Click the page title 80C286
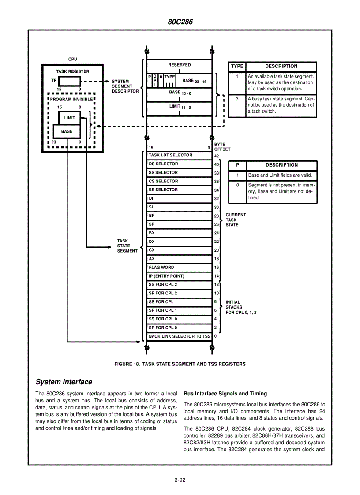(x=180, y=22)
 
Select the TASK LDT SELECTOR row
(x=180, y=155)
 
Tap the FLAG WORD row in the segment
(x=180, y=268)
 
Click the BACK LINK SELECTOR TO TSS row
(x=180, y=336)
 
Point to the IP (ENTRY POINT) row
(x=180, y=276)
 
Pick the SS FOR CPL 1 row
(x=180, y=302)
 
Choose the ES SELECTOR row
(x=180, y=190)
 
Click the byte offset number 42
(x=217, y=156)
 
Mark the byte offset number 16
(x=217, y=268)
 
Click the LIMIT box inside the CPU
(x=69, y=118)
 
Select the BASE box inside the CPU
(x=67, y=131)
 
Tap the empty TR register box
(x=69, y=81)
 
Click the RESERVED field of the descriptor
(x=180, y=65)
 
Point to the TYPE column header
(x=237, y=67)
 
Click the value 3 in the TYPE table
(x=237, y=99)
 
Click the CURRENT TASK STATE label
(x=236, y=220)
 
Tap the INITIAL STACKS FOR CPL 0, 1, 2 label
(x=241, y=307)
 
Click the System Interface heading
(x=64, y=382)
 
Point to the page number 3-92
(x=180, y=480)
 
